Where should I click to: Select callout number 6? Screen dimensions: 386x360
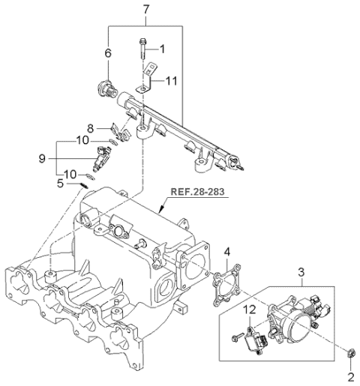coord(107,53)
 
